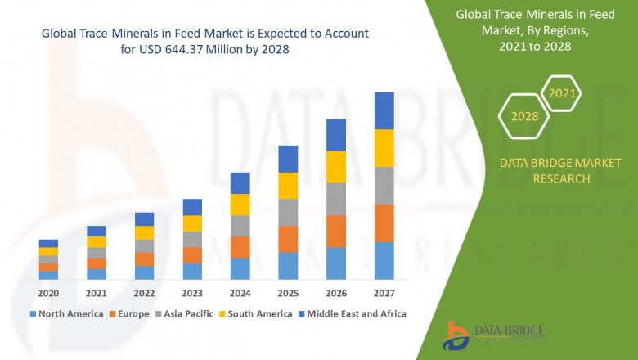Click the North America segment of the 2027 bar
click(384, 260)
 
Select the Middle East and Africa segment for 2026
click(336, 135)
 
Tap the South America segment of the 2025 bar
click(288, 186)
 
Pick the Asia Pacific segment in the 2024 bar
click(240, 226)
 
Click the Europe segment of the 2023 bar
click(192, 255)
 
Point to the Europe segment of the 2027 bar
click(384, 223)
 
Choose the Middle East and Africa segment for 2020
click(48, 243)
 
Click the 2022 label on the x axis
click(144, 293)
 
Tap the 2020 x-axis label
click(48, 293)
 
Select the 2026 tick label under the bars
click(336, 293)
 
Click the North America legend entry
click(66, 313)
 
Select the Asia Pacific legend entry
click(186, 313)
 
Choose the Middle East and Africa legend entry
click(353, 313)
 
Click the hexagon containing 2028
click(525, 116)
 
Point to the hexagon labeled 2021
click(562, 93)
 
